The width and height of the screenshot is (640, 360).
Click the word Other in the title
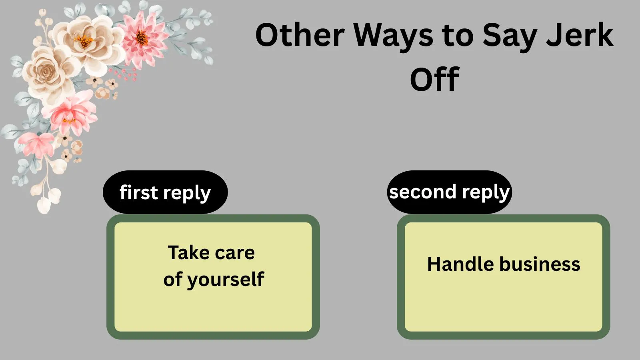coord(300,35)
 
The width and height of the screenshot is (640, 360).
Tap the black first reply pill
coord(165,192)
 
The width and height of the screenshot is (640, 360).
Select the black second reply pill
coord(450,192)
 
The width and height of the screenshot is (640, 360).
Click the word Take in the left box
coord(188,252)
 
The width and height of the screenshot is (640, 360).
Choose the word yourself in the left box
coord(226,280)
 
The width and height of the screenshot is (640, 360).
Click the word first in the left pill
coord(138,192)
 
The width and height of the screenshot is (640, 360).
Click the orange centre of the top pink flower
coord(141,38)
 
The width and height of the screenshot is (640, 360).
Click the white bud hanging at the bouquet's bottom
coord(44,205)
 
